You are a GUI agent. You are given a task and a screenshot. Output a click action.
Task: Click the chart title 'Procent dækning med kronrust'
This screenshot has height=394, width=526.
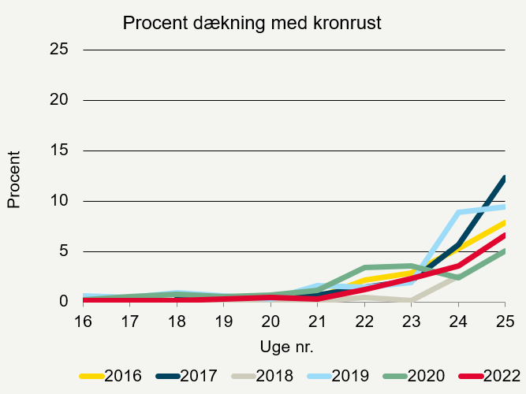252,24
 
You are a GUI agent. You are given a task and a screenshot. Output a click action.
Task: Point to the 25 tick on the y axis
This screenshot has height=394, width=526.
59,50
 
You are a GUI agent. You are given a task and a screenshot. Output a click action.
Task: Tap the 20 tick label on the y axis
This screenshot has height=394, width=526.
59,100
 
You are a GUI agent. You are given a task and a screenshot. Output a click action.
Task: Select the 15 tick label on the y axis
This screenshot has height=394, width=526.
59,151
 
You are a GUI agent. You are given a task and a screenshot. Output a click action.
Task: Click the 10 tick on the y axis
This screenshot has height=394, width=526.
59,201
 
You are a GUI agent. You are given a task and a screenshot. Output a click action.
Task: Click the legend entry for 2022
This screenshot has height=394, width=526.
493,376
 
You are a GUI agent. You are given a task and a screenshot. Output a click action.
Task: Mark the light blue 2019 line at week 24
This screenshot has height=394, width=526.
458,213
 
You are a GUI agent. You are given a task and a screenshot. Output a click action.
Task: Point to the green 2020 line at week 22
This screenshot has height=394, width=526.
364,268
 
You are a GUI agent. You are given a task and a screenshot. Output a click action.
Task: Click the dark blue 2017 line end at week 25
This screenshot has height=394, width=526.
503,178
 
